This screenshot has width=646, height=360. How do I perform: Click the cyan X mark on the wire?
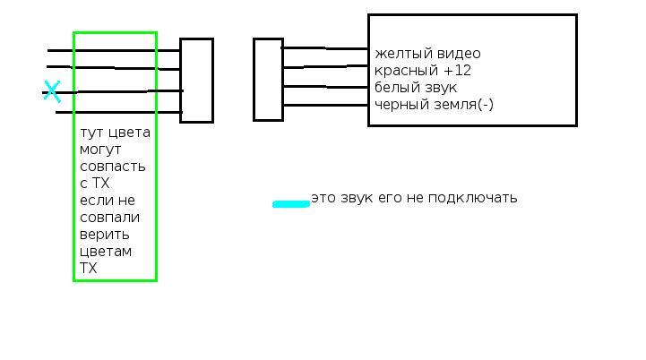[x=52, y=90]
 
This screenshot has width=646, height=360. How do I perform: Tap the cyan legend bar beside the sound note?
[x=291, y=204]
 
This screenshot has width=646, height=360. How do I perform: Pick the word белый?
[x=393, y=88]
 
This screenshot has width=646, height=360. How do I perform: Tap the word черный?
[x=397, y=105]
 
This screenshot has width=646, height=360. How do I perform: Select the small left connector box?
[x=196, y=80]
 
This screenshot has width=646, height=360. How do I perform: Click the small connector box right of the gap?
[x=268, y=79]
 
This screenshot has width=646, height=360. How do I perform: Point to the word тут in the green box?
[x=91, y=133]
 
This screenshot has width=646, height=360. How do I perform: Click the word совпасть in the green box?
[x=112, y=167]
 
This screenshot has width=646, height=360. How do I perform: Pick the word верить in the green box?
[x=104, y=235]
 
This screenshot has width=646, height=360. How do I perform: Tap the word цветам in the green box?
[x=106, y=252]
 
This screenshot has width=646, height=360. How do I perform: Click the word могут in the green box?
[x=99, y=150]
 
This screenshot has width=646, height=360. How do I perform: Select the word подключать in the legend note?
[x=475, y=198]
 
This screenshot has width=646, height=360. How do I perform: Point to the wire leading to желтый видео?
[x=325, y=48]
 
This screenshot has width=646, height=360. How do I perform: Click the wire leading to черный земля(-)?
[x=325, y=104]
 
